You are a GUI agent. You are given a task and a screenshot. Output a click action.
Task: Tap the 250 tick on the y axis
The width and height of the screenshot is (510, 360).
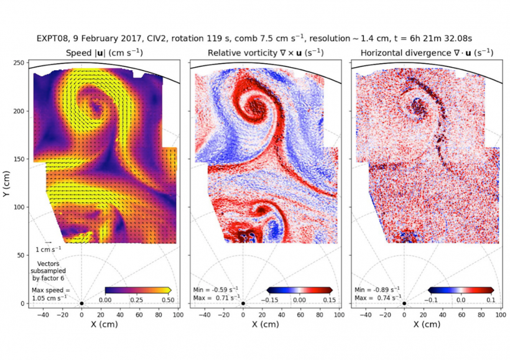point(19,63)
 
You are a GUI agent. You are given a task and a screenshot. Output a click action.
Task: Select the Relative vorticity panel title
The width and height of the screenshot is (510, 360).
point(266,53)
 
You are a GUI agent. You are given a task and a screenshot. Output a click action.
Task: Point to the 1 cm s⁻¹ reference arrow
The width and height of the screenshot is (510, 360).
point(48,242)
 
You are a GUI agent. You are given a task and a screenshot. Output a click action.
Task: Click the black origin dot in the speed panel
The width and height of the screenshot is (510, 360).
point(81,303)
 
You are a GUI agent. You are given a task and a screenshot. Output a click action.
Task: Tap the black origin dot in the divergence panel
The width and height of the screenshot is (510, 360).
point(404,303)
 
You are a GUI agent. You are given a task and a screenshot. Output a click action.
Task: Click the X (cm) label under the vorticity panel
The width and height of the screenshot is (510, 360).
point(266,325)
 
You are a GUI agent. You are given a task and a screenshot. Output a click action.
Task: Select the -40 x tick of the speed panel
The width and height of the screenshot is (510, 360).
point(43,314)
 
